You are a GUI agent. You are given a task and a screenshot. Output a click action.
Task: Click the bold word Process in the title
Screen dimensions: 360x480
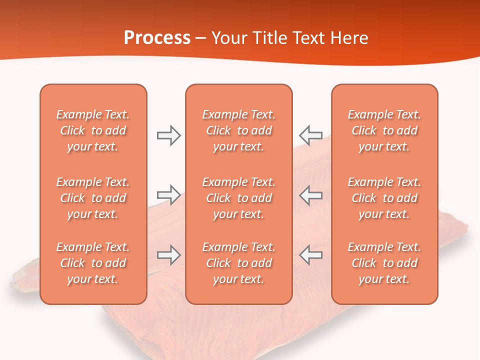point(157,37)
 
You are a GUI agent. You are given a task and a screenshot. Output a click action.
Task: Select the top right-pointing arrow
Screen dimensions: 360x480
point(168,135)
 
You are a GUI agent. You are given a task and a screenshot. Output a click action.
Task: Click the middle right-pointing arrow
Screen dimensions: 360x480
point(168,195)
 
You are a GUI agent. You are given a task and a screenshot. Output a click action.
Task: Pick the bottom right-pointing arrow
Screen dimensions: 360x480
point(168,255)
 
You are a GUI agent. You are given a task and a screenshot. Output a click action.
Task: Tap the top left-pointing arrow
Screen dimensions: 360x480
point(310,135)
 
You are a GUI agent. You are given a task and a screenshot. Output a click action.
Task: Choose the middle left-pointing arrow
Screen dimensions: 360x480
point(310,195)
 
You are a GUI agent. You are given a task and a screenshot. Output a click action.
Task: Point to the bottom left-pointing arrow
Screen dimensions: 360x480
point(310,255)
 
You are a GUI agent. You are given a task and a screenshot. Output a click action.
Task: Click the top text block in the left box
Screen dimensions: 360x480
point(93,130)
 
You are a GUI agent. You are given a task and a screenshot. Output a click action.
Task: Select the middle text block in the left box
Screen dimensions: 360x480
point(93,198)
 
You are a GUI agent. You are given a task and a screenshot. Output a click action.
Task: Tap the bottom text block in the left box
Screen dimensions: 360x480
point(93,263)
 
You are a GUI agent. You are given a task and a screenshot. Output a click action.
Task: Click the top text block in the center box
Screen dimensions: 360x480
point(238,130)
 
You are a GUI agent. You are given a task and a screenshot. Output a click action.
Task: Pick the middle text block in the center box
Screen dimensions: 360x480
point(238,198)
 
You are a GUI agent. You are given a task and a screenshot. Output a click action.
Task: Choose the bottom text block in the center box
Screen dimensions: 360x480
point(238,263)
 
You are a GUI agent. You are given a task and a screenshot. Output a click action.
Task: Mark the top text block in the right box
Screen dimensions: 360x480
point(384,130)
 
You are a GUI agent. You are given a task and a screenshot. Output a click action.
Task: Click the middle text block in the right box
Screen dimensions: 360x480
point(384,198)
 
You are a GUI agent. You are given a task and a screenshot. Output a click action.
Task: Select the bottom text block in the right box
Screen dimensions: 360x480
point(384,263)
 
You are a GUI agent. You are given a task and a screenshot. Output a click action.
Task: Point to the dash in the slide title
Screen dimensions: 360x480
point(201,38)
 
